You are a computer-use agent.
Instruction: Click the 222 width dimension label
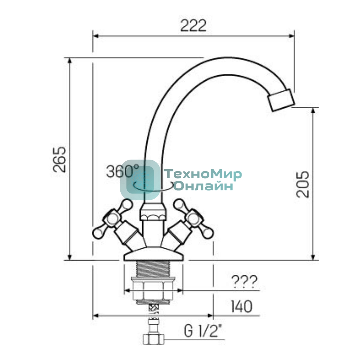coord(193,25)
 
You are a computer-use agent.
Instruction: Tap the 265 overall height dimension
coord(60,160)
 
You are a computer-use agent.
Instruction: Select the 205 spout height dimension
coord(303,184)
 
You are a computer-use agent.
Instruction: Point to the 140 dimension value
coord(241,307)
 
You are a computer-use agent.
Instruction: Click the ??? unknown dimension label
coord(244,282)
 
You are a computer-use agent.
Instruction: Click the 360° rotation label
coord(123,171)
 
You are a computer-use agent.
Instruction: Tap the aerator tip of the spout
coord(281,100)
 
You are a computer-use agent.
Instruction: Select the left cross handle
coord(116,222)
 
